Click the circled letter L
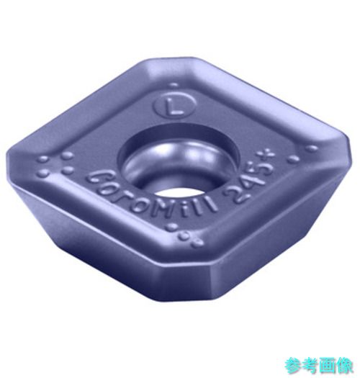pyautogui.click(x=174, y=107)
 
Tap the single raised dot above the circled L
pyautogui.click(x=174, y=86)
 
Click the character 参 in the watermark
pyautogui.click(x=293, y=366)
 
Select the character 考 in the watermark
pyautogui.click(x=310, y=366)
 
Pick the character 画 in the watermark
pyautogui.click(x=328, y=366)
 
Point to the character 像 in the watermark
pyautogui.click(x=346, y=366)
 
